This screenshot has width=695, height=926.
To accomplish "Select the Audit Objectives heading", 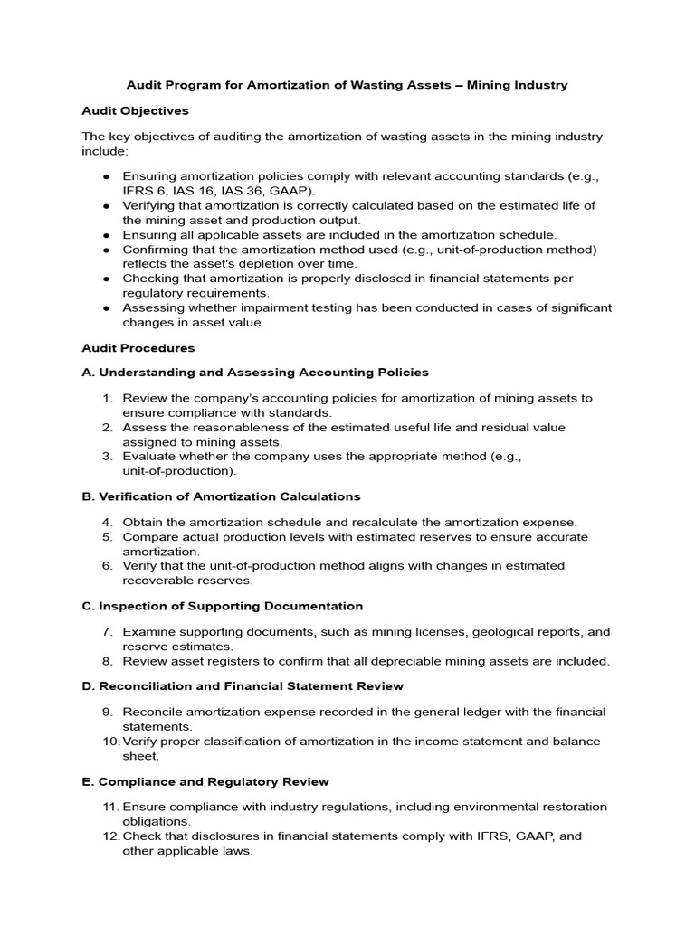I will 135,110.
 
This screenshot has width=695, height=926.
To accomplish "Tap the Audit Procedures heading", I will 138,347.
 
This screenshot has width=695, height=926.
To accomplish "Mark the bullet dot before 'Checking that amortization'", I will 107,279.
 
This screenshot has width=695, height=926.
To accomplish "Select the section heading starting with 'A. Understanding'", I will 255,372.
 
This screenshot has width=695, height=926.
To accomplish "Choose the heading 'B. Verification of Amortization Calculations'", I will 221,496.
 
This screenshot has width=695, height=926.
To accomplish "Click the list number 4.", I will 107,522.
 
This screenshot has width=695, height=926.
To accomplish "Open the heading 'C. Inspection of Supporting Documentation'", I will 222,606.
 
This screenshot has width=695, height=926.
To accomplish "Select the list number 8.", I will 107,661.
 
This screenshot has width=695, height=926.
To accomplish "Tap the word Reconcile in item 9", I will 151,712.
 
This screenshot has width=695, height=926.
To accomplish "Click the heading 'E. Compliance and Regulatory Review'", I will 205,780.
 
